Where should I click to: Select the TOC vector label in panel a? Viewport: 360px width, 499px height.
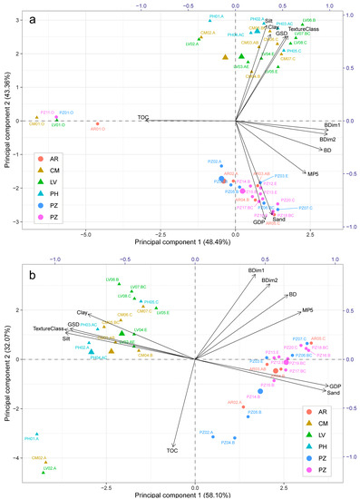point(142,117)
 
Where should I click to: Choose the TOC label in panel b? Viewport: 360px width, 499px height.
point(172,450)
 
